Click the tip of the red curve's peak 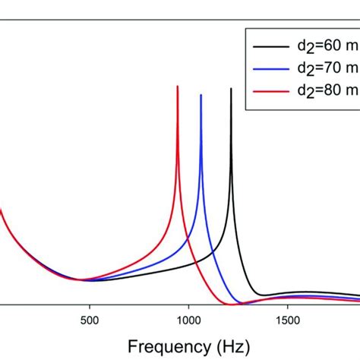pyautogui.click(x=178, y=87)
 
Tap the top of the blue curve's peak pyautogui.click(x=201, y=95)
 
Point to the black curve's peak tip pyautogui.click(x=231, y=89)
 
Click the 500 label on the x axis pyautogui.click(x=90, y=318)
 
